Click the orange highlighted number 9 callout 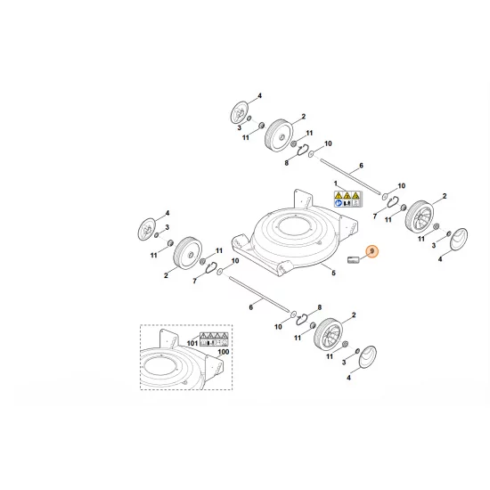(x=372, y=254)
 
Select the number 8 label (x=287, y=163)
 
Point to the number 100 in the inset (x=223, y=354)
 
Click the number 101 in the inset (x=191, y=342)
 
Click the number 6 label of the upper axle (x=362, y=166)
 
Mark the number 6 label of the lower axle (x=251, y=306)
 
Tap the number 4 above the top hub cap (x=259, y=94)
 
